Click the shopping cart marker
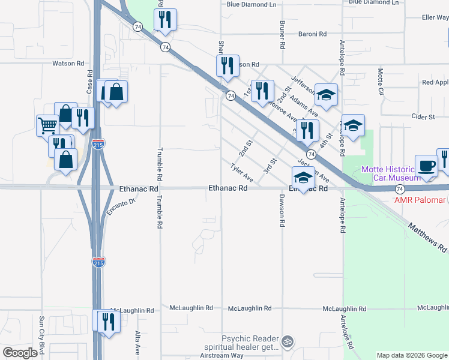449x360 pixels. pyautogui.click(x=47, y=125)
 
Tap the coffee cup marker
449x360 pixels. pyautogui.click(x=426, y=166)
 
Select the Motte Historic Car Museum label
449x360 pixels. pyautogui.click(x=391, y=173)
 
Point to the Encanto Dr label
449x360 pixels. pyautogui.click(x=122, y=206)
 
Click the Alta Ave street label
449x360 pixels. pyautogui.click(x=137, y=343)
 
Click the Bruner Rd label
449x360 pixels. pyautogui.click(x=281, y=32)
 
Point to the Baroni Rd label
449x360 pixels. pyautogui.click(x=312, y=34)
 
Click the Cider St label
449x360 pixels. pyautogui.click(x=423, y=117)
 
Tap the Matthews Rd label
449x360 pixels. pyautogui.click(x=428, y=238)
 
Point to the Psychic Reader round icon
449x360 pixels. pyautogui.click(x=288, y=341)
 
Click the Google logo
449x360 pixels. pyautogui.click(x=20, y=353)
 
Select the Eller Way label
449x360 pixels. pyautogui.click(x=435, y=17)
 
